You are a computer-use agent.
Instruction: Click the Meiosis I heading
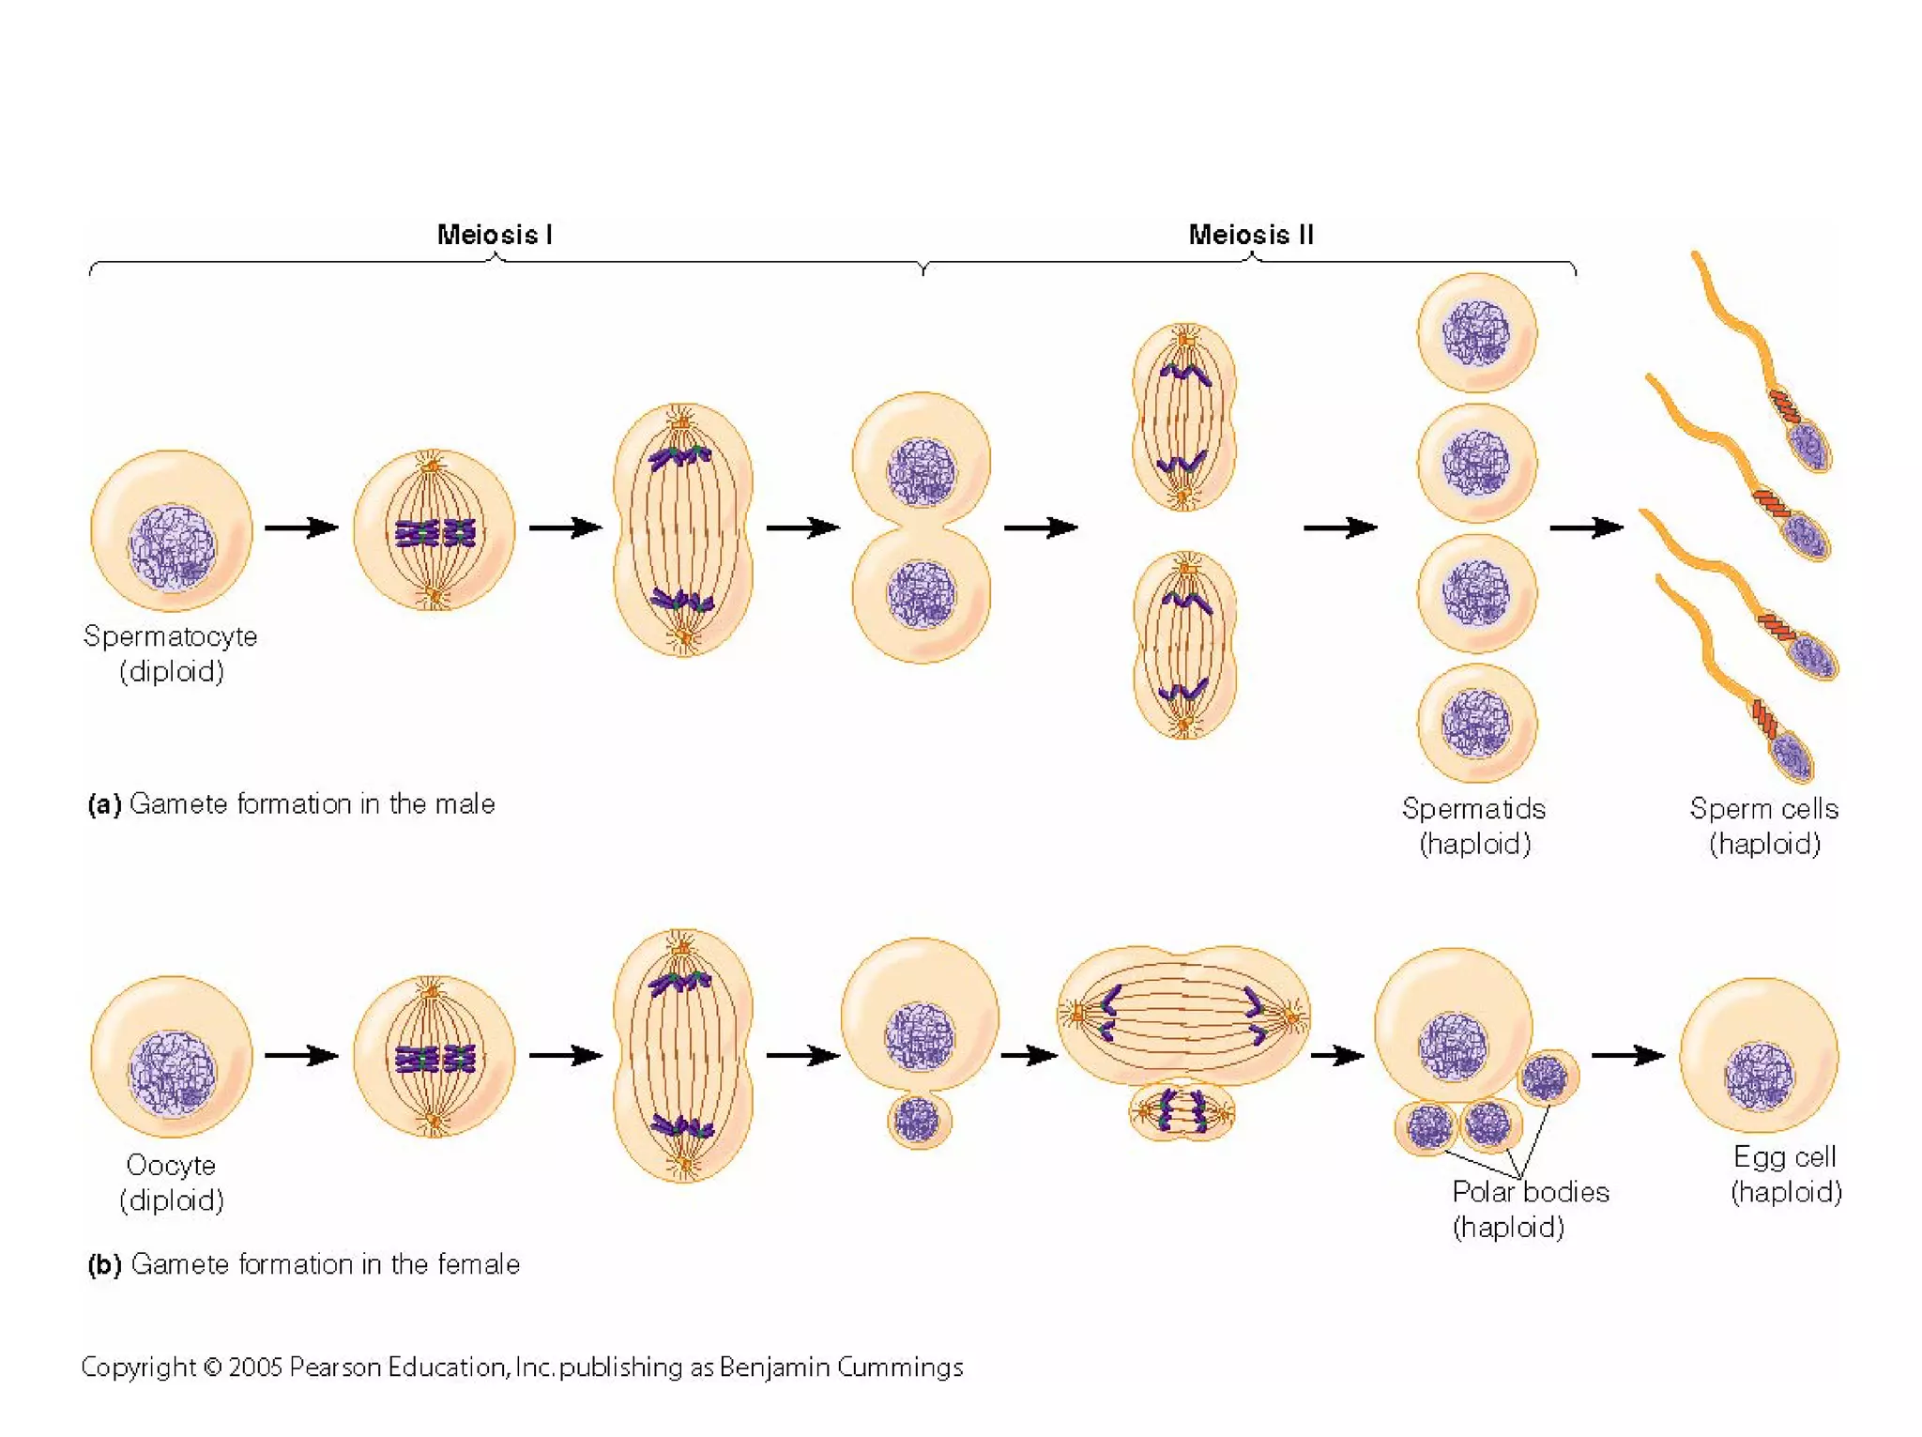coord(495,235)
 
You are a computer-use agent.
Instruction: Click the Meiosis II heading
coord(1250,235)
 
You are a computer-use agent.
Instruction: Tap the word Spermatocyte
coord(170,636)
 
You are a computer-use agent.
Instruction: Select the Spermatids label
coord(1473,808)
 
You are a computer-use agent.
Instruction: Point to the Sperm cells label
coord(1763,808)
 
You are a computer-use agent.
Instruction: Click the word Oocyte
coord(171,1165)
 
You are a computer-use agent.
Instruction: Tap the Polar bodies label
coord(1530,1191)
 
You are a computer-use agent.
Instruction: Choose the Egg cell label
coord(1784,1156)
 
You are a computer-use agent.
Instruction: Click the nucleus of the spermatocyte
coord(172,548)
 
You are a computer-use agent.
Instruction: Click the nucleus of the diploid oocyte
coord(172,1073)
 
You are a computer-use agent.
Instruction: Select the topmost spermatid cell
coord(1476,332)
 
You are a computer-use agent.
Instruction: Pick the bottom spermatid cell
coord(1476,723)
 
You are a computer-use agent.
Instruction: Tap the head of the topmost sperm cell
coord(1810,446)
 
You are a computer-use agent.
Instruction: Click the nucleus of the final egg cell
coord(1759,1076)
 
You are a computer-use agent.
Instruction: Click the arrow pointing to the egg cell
coord(1627,1056)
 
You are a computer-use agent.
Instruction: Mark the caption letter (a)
coord(104,804)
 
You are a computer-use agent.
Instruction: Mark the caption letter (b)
coord(104,1264)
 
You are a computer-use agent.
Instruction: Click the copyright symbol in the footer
coord(212,1368)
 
